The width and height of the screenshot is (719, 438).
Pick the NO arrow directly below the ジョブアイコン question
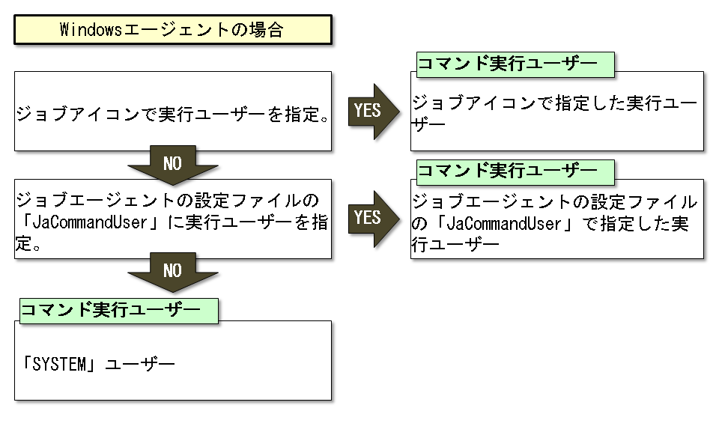click(x=172, y=165)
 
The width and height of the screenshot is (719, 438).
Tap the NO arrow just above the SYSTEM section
click(x=172, y=272)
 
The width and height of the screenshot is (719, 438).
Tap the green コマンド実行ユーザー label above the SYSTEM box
click(x=117, y=311)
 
